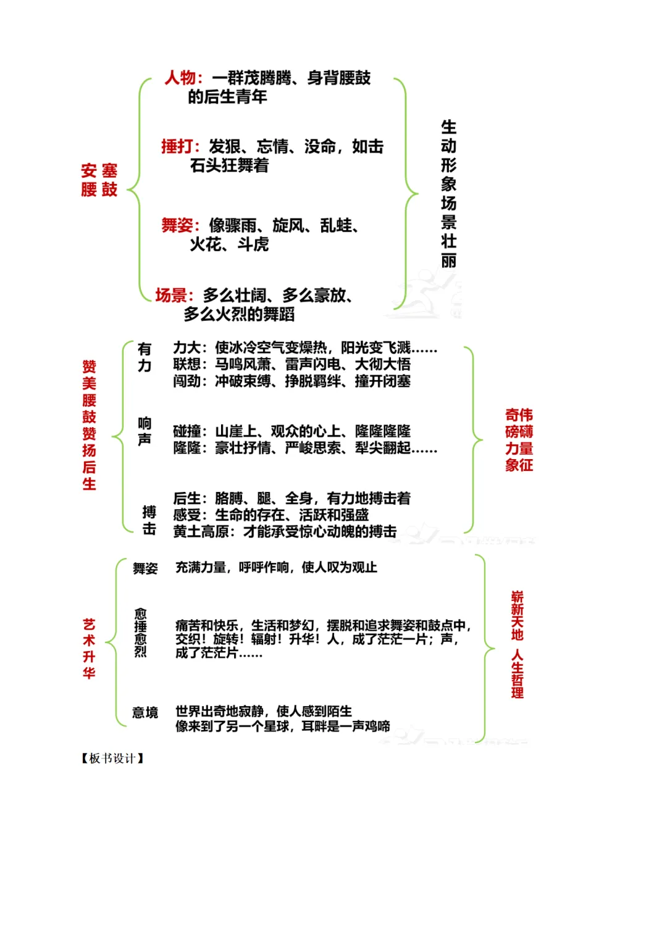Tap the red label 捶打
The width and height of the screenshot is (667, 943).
point(180,147)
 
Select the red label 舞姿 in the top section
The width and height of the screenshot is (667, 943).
point(180,226)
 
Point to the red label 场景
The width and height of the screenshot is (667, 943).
point(174,296)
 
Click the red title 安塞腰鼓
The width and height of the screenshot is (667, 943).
point(99,180)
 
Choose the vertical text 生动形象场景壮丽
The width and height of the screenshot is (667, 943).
point(449,194)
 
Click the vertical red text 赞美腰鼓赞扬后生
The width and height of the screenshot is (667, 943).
point(90,425)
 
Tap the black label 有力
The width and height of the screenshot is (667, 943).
point(145,357)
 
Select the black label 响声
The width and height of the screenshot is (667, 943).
point(145,431)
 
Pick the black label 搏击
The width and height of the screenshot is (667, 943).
point(149,520)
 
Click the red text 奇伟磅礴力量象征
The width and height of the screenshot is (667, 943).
point(519,440)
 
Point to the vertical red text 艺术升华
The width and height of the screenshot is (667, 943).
point(90,648)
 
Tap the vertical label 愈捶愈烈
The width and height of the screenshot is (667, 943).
point(141,633)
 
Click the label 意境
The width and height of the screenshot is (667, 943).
point(145,713)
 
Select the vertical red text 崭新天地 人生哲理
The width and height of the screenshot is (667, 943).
point(518,644)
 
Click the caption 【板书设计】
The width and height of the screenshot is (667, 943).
point(112,758)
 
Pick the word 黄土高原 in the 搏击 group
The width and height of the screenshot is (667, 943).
point(201,531)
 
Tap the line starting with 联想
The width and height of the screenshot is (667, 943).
point(292,365)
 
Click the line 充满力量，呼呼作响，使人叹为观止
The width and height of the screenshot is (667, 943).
point(276,567)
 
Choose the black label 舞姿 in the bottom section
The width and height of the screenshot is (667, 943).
point(145,568)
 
